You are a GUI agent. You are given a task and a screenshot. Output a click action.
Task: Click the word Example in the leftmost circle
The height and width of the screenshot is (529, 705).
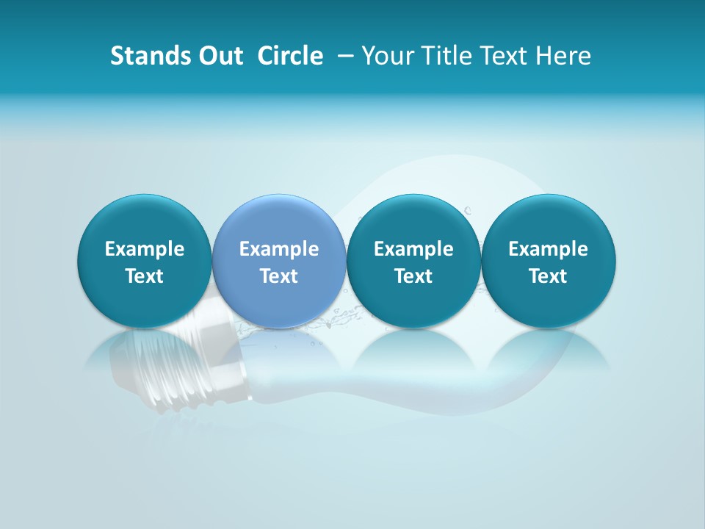coord(145,249)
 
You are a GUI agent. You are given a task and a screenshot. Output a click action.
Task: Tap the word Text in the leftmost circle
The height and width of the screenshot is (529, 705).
coord(145,276)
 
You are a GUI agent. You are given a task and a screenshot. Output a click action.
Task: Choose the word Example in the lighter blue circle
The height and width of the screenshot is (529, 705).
coord(279,249)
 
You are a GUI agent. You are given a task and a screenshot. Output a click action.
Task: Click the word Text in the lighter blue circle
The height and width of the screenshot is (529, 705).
coord(279,276)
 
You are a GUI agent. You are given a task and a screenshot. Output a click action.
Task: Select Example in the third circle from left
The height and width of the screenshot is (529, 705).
coord(413,249)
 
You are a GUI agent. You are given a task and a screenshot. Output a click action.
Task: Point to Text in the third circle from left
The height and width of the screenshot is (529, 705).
coord(413,276)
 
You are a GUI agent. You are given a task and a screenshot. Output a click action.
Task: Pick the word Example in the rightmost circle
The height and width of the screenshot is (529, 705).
coord(548,249)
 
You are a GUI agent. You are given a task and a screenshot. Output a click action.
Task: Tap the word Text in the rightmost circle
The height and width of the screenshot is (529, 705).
coord(548,276)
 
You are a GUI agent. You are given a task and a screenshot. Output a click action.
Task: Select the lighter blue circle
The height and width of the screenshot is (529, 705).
coord(279,220)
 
